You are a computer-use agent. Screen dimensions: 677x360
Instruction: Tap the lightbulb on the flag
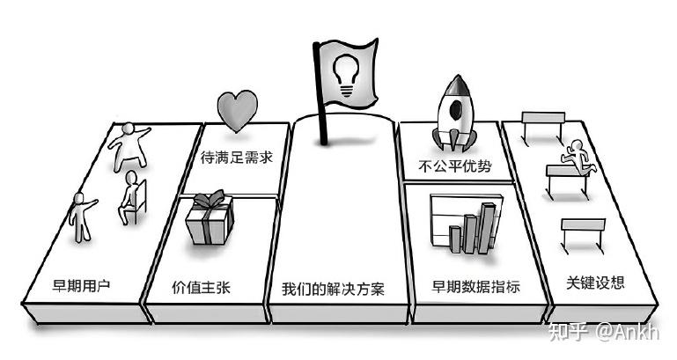point(345,77)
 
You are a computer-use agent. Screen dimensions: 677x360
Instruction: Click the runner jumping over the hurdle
point(578,157)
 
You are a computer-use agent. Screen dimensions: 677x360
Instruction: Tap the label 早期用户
point(81,285)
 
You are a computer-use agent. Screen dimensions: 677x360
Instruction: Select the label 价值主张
point(202,288)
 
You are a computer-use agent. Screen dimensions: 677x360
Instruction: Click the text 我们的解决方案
point(334,289)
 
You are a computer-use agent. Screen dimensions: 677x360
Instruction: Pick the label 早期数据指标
point(475,287)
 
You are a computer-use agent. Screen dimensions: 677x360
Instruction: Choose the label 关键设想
point(595,283)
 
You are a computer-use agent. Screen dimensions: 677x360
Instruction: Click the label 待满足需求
point(237,158)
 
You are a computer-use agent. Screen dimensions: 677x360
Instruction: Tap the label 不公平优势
point(455,165)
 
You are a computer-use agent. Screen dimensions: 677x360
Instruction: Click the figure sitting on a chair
point(132,196)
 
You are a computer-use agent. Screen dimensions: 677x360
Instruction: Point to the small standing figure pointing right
point(82,217)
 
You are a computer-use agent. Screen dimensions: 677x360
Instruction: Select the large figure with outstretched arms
point(129,146)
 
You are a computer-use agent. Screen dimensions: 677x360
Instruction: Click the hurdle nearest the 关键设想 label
point(583,235)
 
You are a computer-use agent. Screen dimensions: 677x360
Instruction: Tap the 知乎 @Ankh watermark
point(604,333)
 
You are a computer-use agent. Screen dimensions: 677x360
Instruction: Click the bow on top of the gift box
point(210,200)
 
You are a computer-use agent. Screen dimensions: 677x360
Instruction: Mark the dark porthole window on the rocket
point(455,111)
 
